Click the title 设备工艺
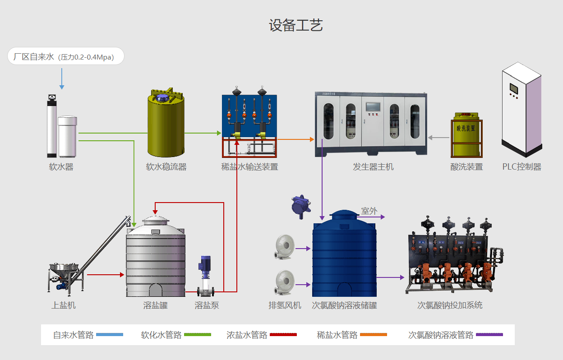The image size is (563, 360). coord(296,25)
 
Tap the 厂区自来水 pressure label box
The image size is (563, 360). coord(66,56)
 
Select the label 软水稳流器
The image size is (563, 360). coord(166,167)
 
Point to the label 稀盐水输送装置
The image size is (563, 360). coord(249,167)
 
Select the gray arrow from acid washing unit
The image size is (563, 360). coord(436,138)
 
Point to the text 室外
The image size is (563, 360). coord(369,211)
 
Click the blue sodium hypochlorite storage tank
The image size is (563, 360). coord(344,257)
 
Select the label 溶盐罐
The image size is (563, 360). coord(155,305)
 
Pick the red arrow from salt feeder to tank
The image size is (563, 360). coord(105,274)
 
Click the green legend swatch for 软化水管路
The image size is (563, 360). coord(198,335)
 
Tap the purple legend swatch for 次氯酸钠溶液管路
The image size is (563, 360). coord(489,335)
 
